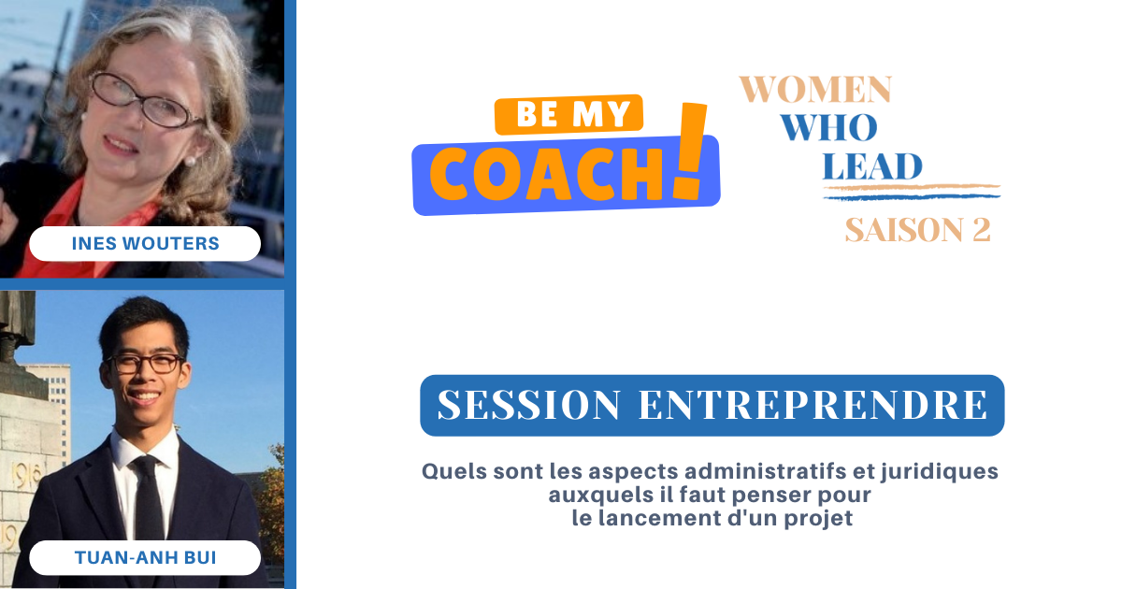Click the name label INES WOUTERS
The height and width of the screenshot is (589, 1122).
tap(145, 243)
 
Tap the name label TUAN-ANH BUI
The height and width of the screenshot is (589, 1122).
tap(145, 557)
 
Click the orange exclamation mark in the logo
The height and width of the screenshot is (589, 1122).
tap(690, 151)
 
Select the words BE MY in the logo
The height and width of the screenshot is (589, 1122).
tap(572, 114)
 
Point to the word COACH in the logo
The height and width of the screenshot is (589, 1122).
tap(546, 174)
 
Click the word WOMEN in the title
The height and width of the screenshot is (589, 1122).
tap(815, 90)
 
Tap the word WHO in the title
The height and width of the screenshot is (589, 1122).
tap(829, 127)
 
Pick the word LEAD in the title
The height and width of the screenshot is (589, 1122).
tap(872, 166)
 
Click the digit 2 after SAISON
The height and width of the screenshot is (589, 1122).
tap(981, 230)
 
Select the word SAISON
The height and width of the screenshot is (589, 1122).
tap(904, 230)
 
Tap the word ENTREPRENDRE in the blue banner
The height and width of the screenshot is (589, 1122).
tap(813, 405)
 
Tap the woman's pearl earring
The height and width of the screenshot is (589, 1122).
tap(190, 161)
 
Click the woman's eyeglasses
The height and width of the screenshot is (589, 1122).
tap(145, 100)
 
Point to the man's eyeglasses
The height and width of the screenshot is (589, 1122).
tap(145, 363)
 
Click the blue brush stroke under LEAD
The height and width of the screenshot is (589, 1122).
tap(913, 198)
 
